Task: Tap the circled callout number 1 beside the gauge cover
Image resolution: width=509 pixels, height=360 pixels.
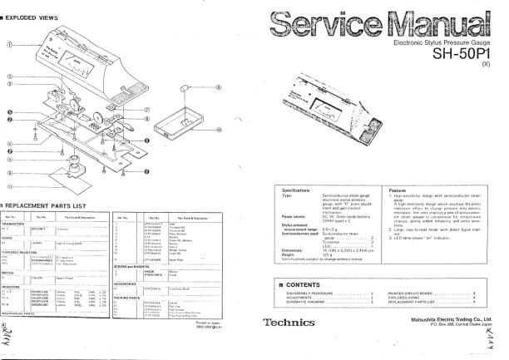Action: coord(9,43)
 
